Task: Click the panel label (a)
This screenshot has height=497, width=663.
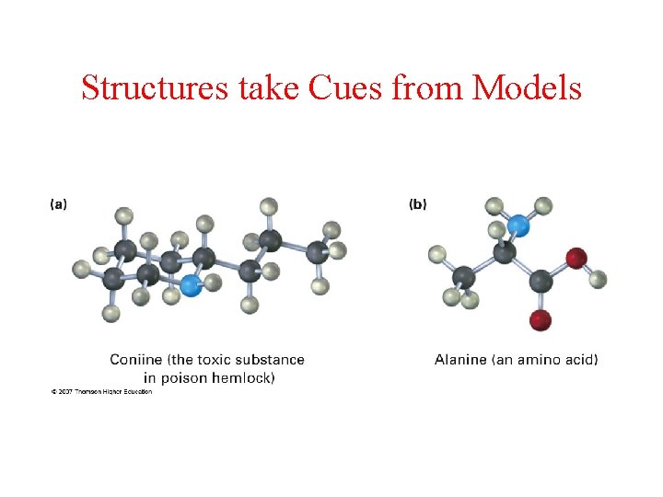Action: [x=58, y=204]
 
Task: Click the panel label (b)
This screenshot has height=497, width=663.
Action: [x=417, y=204]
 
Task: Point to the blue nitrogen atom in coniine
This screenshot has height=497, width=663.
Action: [x=191, y=285]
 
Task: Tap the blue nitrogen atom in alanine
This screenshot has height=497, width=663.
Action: [x=520, y=224]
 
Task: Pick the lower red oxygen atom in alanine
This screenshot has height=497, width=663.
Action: [x=541, y=320]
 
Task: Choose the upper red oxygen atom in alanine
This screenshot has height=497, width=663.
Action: [x=576, y=258]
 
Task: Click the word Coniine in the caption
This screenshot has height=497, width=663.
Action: [x=137, y=359]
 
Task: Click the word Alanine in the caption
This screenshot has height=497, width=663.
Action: [x=460, y=359]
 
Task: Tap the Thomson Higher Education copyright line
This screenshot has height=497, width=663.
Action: [x=101, y=391]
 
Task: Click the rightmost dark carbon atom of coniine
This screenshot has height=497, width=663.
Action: [x=316, y=250]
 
